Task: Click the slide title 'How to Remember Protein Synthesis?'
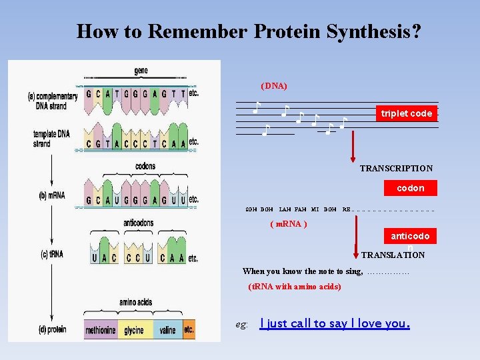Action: click(x=248, y=31)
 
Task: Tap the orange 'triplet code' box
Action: click(x=407, y=114)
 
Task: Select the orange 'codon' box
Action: click(x=410, y=189)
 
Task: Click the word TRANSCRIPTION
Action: click(x=396, y=169)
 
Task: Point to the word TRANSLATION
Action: click(x=393, y=255)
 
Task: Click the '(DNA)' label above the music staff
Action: click(x=274, y=86)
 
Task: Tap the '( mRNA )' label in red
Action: click(x=288, y=224)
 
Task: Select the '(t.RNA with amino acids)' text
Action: click(x=294, y=287)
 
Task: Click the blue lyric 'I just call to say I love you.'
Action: click(x=335, y=324)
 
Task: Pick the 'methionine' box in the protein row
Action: click(x=100, y=329)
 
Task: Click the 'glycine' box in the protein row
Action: click(x=134, y=329)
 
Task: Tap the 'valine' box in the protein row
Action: click(x=167, y=329)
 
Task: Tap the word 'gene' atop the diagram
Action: click(x=141, y=71)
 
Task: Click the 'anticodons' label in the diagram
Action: click(x=138, y=223)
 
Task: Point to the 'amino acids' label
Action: click(x=136, y=303)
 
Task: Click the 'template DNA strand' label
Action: click(x=51, y=139)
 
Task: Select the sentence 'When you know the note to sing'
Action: click(x=303, y=271)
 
